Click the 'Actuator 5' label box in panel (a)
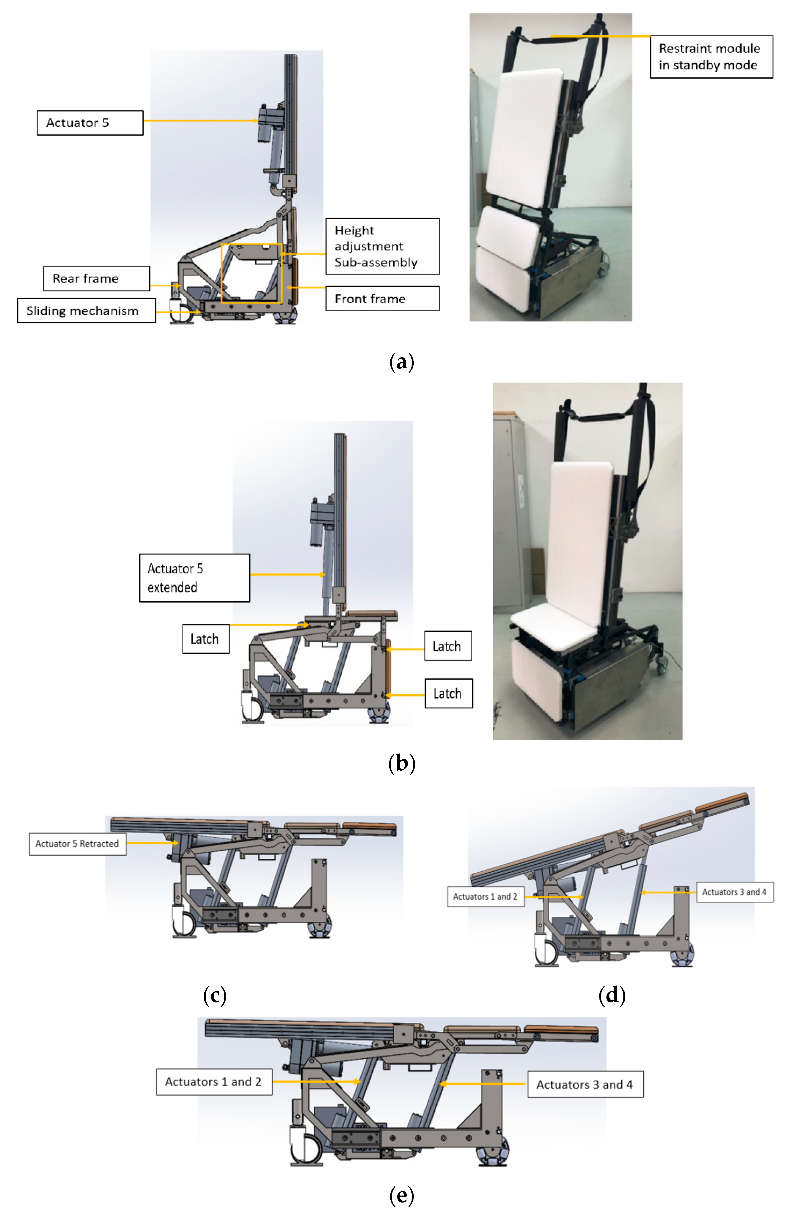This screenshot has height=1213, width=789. [x=90, y=123]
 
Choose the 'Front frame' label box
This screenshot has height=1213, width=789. [x=382, y=299]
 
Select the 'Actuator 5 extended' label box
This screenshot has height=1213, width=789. [x=194, y=578]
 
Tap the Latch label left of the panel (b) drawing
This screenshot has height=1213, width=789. [x=206, y=639]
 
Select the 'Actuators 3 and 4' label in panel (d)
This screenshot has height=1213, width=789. [x=734, y=892]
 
